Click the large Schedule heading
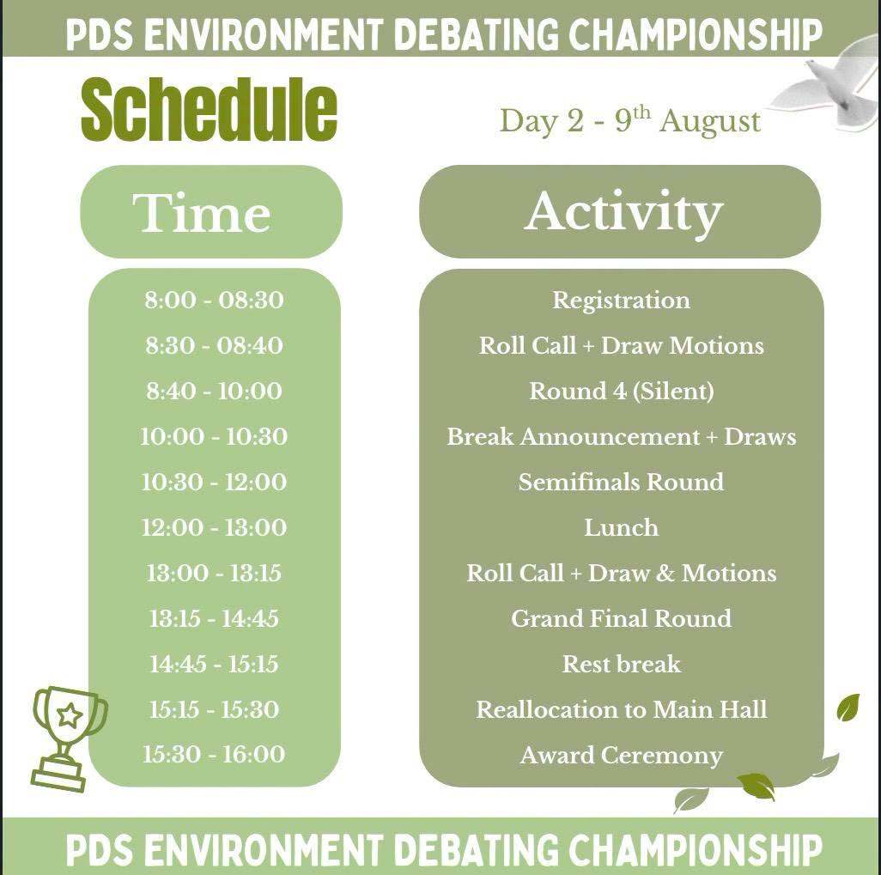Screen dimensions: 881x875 pyautogui.click(x=209, y=109)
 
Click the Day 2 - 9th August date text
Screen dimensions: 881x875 pyautogui.click(x=630, y=120)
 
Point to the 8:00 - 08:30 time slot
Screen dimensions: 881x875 pyautogui.click(x=214, y=300)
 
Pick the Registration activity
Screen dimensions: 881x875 pyautogui.click(x=621, y=301)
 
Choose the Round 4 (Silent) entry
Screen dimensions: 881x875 pyautogui.click(x=622, y=392)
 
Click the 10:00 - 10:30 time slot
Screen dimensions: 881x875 pyautogui.click(x=214, y=436)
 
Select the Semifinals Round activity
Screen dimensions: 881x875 pyautogui.click(x=621, y=482)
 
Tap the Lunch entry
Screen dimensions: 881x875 pyautogui.click(x=621, y=527)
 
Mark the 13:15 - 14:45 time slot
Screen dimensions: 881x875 pyautogui.click(x=214, y=618)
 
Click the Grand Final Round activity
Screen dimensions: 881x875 pyautogui.click(x=621, y=618)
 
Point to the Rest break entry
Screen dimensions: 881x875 pyautogui.click(x=622, y=664)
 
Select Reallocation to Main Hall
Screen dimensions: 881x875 pyautogui.click(x=622, y=709)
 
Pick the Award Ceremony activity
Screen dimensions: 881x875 pyautogui.click(x=622, y=756)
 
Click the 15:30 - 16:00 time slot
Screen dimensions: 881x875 pyautogui.click(x=214, y=754)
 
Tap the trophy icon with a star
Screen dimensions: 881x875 pyautogui.click(x=67, y=736)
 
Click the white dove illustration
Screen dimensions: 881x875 pyautogui.click(x=830, y=84)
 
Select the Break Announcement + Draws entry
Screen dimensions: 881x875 pyautogui.click(x=622, y=437)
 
